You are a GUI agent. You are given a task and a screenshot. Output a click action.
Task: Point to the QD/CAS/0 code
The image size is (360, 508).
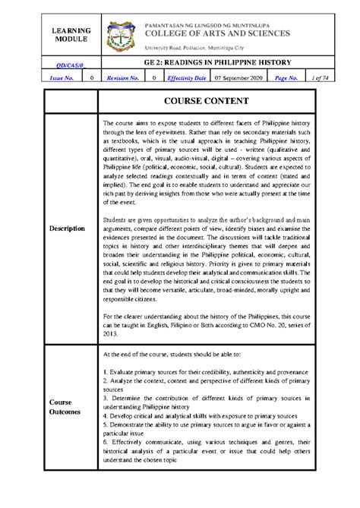pyautogui.click(x=68, y=66)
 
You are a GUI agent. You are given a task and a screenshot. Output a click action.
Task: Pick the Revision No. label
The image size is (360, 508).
pyautogui.click(x=122, y=77)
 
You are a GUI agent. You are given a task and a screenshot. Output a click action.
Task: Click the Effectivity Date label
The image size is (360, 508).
pyautogui.click(x=185, y=77)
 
